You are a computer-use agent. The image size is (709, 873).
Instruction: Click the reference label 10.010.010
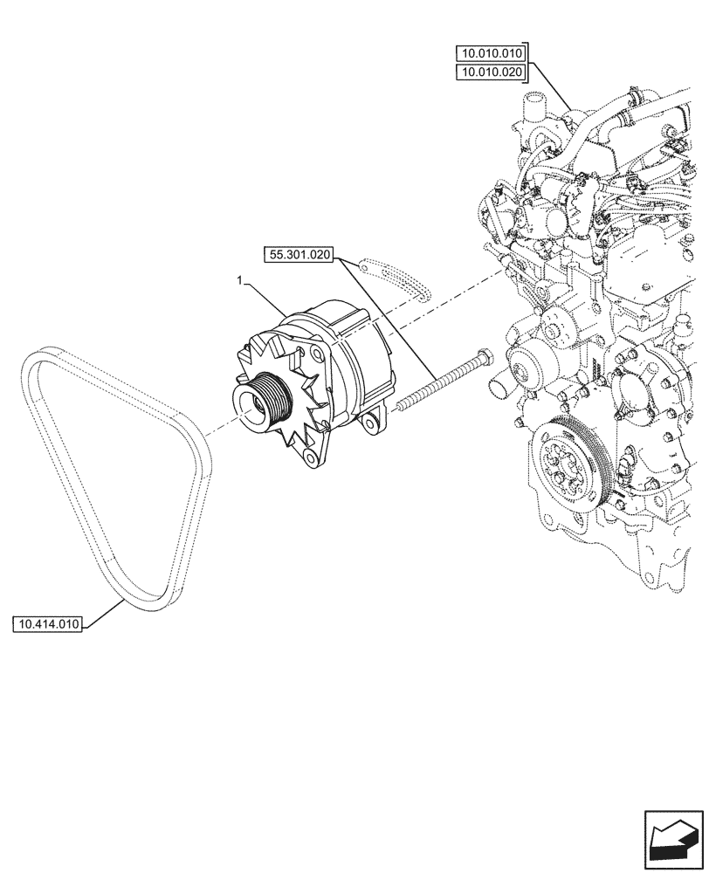coord(492,53)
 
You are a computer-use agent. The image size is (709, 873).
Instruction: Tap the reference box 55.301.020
coord(299,255)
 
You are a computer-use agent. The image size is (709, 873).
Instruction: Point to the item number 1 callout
coord(238,280)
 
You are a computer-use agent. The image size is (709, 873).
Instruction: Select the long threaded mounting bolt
coord(437,379)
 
